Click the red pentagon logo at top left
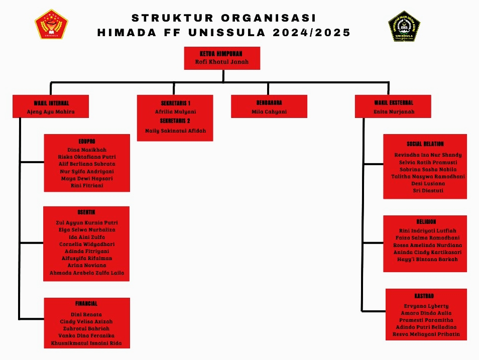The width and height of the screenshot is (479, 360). (x=51, y=24)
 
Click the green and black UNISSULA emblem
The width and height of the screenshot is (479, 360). (x=404, y=25)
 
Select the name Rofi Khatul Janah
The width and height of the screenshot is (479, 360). (x=221, y=62)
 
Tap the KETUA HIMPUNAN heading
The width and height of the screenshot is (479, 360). (x=221, y=53)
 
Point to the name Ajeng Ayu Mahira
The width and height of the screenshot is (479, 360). (x=51, y=111)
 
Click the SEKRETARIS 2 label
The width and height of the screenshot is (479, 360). (x=175, y=121)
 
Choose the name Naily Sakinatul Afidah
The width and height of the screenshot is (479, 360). (x=175, y=131)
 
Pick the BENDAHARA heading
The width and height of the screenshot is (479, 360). (x=269, y=103)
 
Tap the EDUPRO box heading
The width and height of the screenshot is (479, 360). (x=87, y=141)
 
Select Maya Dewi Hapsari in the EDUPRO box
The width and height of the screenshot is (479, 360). (x=87, y=178)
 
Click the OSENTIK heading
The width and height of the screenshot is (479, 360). (x=86, y=213)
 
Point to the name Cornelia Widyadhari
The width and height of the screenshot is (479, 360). (x=86, y=244)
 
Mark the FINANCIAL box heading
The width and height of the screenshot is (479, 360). (x=86, y=304)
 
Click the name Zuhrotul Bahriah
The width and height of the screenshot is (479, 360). (x=86, y=328)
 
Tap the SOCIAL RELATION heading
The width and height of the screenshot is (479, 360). (x=425, y=144)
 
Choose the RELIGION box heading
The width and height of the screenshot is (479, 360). (x=425, y=221)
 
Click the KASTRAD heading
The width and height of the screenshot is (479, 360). (x=426, y=296)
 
